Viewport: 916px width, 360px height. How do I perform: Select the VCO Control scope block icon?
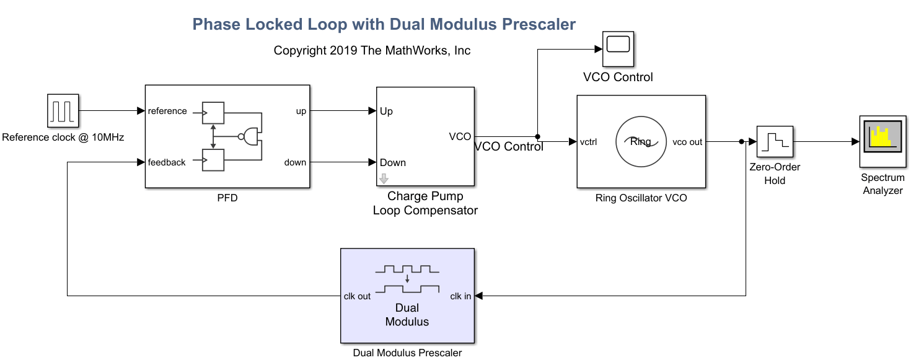coord(618,48)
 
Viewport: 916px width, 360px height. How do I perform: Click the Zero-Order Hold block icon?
coord(775,141)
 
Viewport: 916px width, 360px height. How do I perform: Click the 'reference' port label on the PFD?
coord(167,112)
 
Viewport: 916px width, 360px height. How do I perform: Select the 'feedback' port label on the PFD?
coord(167,162)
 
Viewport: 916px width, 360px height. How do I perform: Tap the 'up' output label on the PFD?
coord(301,112)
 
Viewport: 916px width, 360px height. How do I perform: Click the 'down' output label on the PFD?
coord(295,162)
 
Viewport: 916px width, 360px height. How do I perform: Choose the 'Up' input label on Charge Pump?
coord(386,112)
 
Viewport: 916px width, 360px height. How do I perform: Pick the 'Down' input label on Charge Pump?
coord(393,162)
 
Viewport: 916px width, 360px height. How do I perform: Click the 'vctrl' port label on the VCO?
coord(588,142)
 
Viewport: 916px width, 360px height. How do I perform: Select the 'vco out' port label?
coord(687,142)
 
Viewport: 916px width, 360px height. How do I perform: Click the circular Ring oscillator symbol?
coord(640,142)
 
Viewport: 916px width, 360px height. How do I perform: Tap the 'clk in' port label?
coord(460,296)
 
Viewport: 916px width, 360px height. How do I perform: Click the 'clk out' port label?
coord(357,296)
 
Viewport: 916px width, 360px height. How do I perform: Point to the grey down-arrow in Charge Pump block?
coord(384,179)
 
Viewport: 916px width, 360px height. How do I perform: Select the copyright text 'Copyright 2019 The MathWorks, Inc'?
coord(372,51)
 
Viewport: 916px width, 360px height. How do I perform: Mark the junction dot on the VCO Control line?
coord(537,136)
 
